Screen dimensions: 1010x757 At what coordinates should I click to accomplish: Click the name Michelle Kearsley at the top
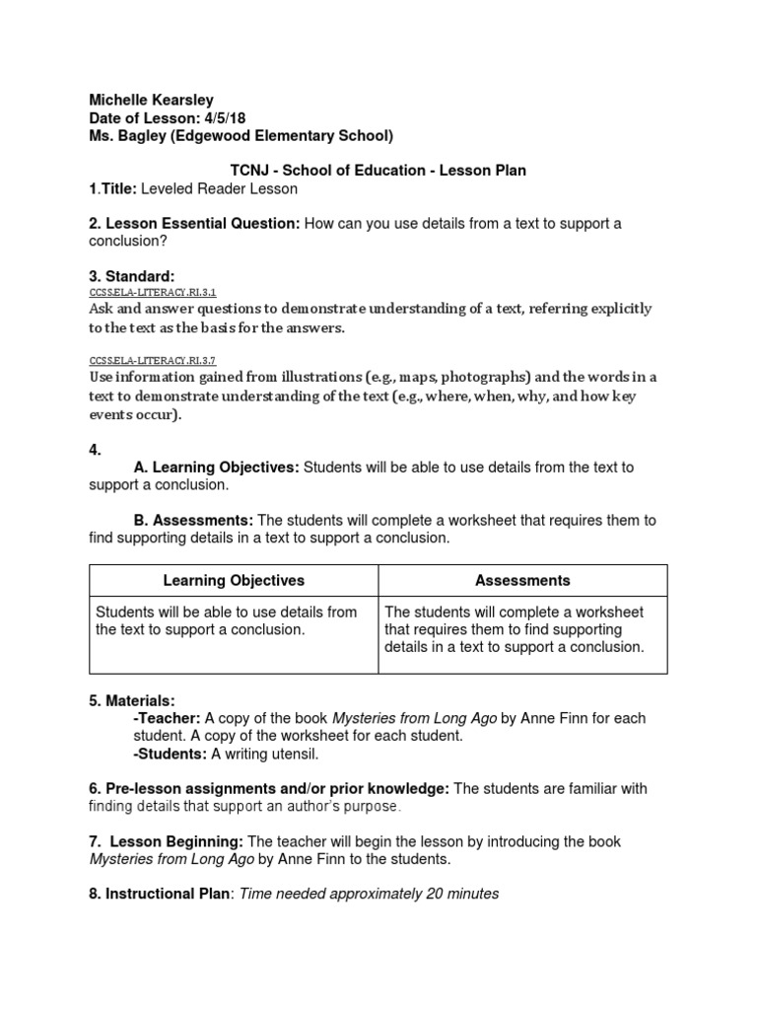point(151,100)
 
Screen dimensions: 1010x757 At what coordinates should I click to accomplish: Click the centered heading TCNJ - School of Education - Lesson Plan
point(378,171)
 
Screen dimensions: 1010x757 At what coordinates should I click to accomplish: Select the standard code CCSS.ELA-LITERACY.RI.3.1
point(152,293)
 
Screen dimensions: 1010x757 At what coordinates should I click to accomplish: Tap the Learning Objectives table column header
point(234,581)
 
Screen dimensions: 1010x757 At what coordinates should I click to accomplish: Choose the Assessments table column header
point(522,581)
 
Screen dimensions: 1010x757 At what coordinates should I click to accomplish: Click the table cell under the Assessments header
point(522,629)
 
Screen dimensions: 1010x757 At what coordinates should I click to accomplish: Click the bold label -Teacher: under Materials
point(167,719)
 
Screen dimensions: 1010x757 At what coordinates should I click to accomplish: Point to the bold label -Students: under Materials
point(171,755)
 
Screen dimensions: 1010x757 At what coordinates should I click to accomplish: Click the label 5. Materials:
point(132,701)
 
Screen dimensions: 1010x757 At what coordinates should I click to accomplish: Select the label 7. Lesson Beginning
point(166,841)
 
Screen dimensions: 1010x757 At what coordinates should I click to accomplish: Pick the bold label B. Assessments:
point(193,520)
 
